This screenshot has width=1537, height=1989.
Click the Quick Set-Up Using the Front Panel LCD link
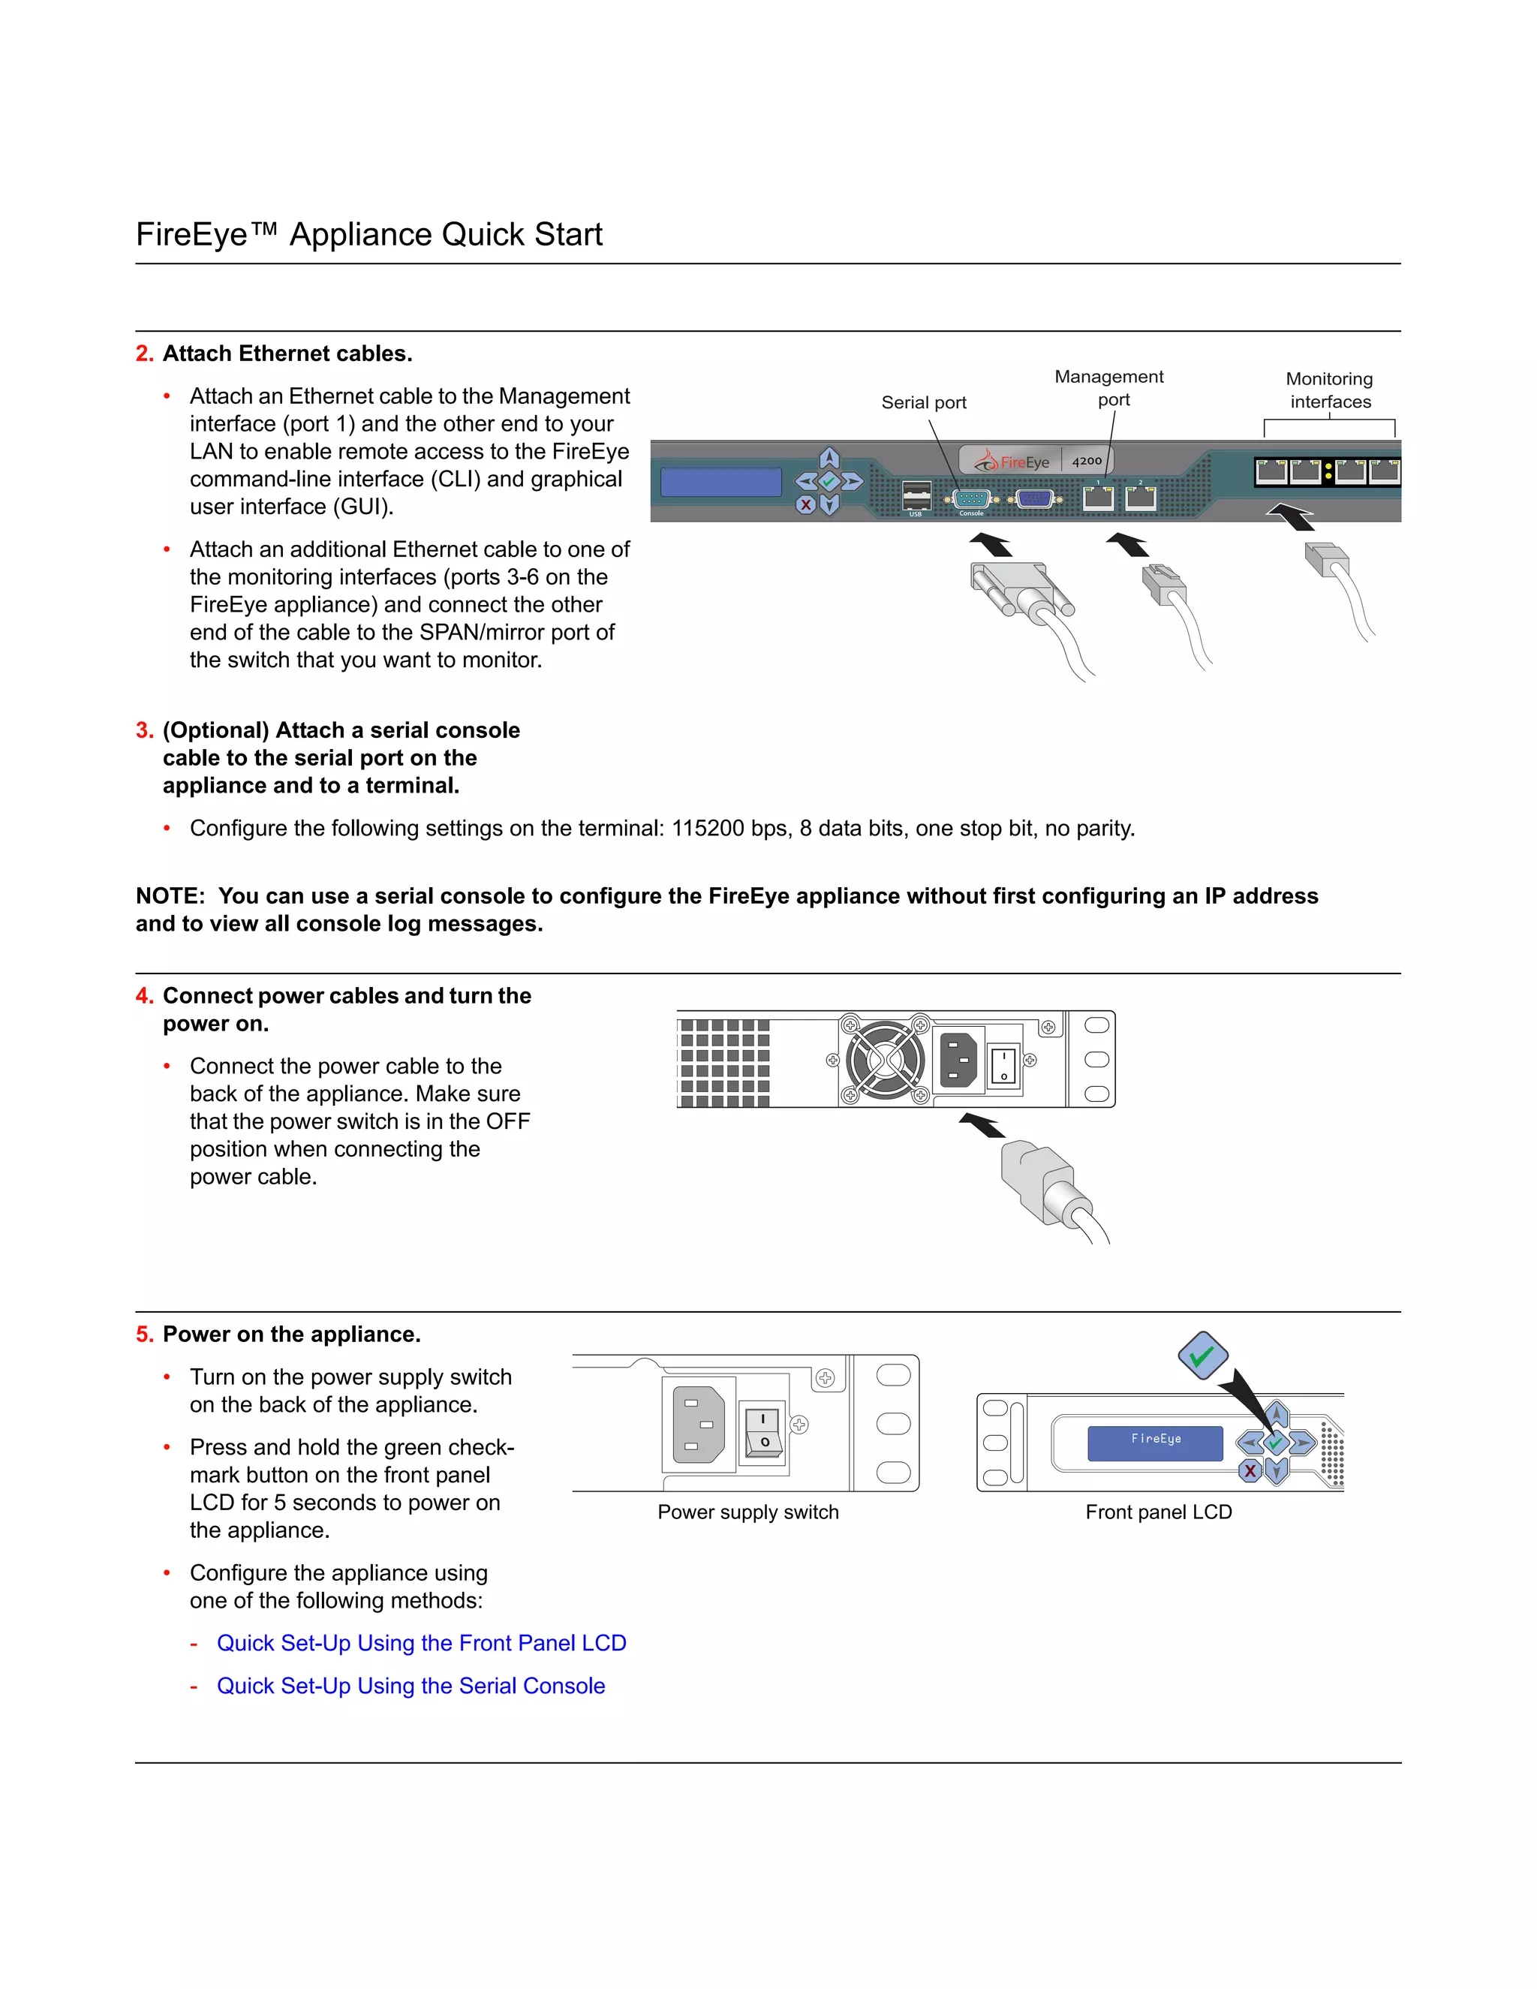[421, 1643]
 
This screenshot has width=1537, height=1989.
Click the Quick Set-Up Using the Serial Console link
[411, 1686]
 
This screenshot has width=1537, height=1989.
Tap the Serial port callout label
[923, 402]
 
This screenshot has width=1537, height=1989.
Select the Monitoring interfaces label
[1329, 390]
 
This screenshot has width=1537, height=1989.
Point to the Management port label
[1109, 388]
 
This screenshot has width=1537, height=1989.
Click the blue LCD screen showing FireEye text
[1154, 1443]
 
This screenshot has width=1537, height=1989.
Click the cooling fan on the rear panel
[885, 1059]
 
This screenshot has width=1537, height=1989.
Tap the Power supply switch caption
[747, 1512]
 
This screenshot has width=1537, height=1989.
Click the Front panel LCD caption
[1158, 1512]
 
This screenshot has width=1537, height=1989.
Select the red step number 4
[144, 996]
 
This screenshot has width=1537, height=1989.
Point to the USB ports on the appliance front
[916, 496]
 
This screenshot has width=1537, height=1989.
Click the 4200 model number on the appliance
[1086, 461]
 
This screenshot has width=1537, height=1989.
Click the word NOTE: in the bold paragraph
[170, 896]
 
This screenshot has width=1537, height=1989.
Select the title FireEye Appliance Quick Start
[368, 234]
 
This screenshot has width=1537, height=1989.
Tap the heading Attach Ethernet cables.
[287, 354]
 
